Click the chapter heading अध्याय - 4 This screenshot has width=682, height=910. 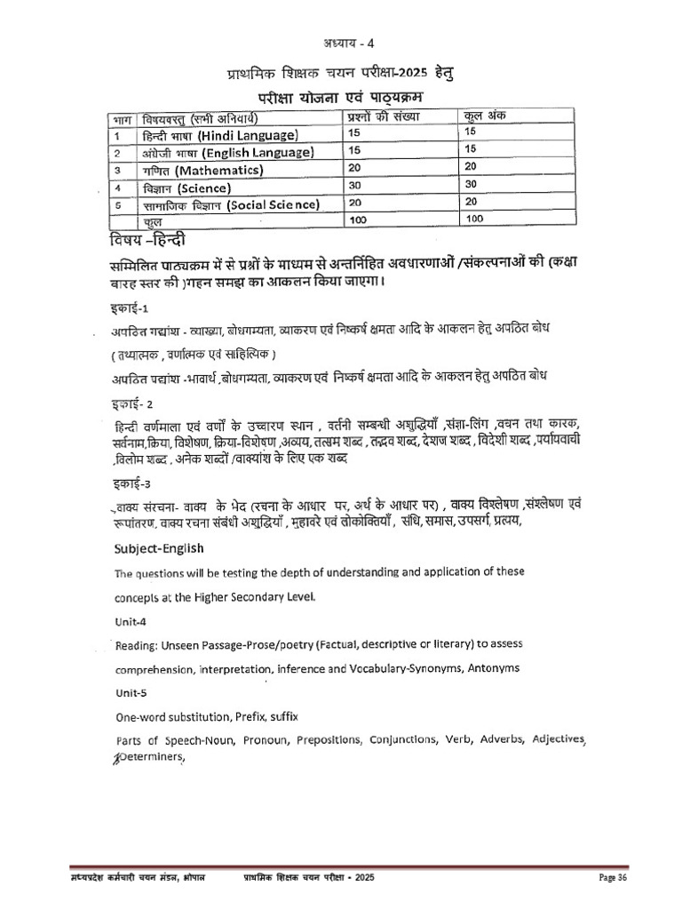click(x=341, y=46)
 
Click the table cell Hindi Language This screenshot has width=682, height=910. click(x=219, y=135)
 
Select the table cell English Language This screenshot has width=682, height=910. click(x=226, y=153)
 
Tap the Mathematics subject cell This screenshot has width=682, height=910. click(x=202, y=170)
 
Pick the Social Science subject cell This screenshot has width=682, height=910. click(x=229, y=205)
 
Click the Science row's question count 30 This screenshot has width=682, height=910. click(x=355, y=186)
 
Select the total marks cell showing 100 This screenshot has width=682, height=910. click(x=475, y=218)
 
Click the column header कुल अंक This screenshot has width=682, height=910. click(x=484, y=116)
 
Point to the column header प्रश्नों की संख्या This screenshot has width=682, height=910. click(x=383, y=116)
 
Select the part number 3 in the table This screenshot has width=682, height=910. click(x=116, y=170)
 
